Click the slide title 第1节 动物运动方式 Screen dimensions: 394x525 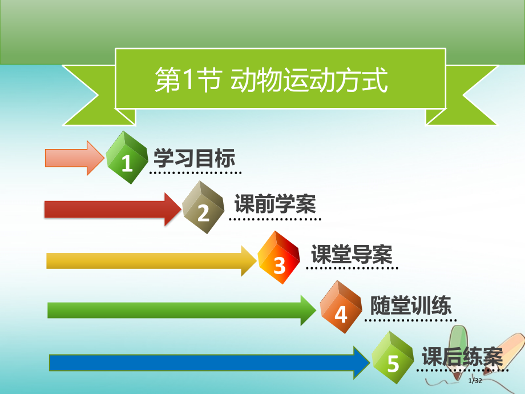click(x=272, y=80)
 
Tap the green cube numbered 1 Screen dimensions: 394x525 click(x=128, y=158)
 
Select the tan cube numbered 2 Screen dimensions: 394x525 click(x=204, y=208)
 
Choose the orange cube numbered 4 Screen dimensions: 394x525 click(x=341, y=308)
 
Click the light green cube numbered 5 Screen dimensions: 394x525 click(x=393, y=357)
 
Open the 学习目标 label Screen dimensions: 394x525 click(x=194, y=158)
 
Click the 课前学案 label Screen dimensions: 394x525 click(x=275, y=204)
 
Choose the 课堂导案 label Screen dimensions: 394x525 click(x=352, y=253)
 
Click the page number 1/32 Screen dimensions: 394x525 click(x=475, y=381)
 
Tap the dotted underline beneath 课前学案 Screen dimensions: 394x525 click(x=275, y=218)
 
